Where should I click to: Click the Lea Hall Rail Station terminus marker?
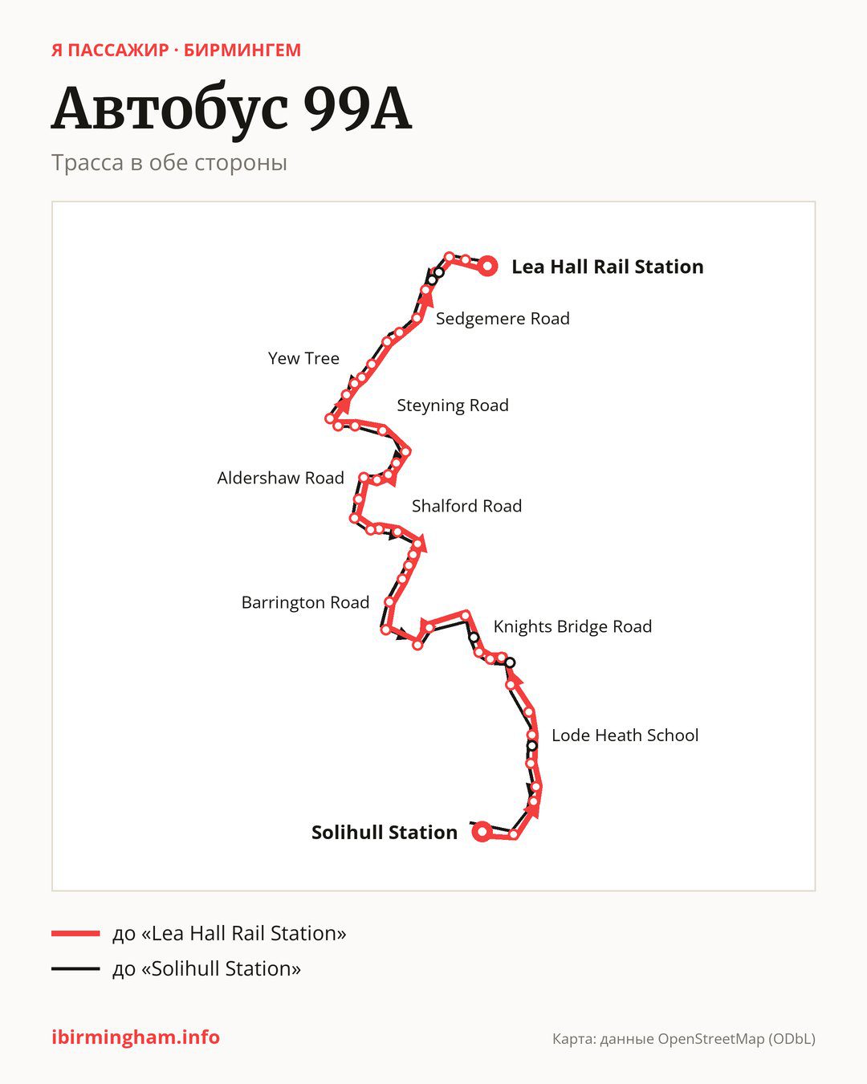point(487,266)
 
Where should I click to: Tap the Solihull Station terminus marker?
point(482,832)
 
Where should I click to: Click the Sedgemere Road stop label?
point(503,319)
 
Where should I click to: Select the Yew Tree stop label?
point(303,358)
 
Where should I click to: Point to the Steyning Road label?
point(453,405)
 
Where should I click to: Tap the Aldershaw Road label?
point(281,478)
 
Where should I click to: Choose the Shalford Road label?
point(467,506)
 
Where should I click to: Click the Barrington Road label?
point(305,602)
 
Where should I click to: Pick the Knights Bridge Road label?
point(573,626)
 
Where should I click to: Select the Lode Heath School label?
point(625,736)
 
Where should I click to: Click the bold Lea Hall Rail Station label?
point(608,267)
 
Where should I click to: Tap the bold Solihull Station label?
point(385,833)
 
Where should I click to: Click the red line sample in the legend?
point(75,933)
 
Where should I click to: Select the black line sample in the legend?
point(75,968)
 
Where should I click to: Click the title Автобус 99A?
point(232,110)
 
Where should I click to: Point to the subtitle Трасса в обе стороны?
point(169,163)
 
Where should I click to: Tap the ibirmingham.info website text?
point(136,1037)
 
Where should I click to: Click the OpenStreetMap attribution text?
point(684,1039)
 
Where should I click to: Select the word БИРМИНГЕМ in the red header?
point(242,51)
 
